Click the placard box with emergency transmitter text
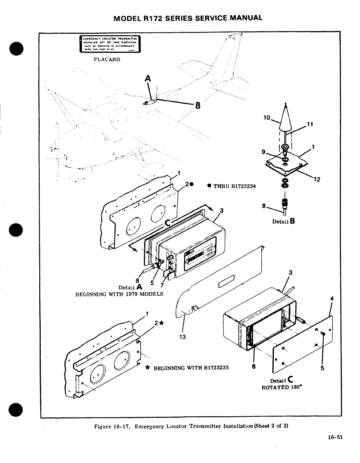coord(110,44)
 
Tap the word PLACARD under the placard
coord(107,60)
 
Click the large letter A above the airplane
coord(148,79)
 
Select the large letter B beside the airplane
coord(198,105)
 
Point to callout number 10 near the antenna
coord(267,118)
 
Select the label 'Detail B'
coord(283,222)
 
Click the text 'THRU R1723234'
coord(234,186)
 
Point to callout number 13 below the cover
coord(182,337)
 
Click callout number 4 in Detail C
coord(332,299)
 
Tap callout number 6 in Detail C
coord(254,366)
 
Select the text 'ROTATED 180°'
coord(282,387)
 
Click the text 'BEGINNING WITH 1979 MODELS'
coord(119,294)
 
